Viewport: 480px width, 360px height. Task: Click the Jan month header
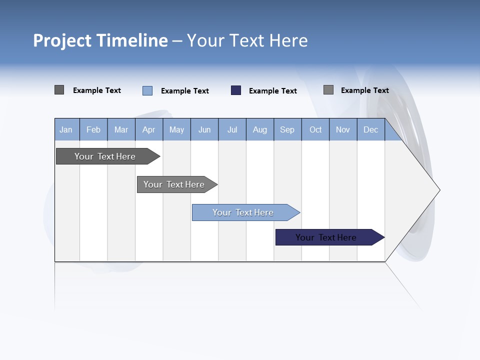coord(66,129)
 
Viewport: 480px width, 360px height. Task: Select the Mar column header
coord(121,129)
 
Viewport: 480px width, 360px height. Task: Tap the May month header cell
coord(176,129)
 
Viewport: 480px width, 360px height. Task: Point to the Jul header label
coord(232,129)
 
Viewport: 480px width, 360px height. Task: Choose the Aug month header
coord(260,129)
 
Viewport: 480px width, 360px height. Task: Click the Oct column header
coord(315,129)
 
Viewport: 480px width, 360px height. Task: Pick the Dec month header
coord(370,129)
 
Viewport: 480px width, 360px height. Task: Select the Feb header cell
coord(93,129)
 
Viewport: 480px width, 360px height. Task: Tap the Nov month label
coord(343,129)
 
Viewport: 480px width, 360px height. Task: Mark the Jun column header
coord(204,129)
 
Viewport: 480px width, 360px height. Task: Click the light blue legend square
coord(147,90)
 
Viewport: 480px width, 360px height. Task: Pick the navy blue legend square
coord(236,90)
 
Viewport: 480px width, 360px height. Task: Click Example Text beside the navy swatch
coord(272,91)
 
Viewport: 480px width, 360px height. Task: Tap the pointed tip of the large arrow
coord(438,190)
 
